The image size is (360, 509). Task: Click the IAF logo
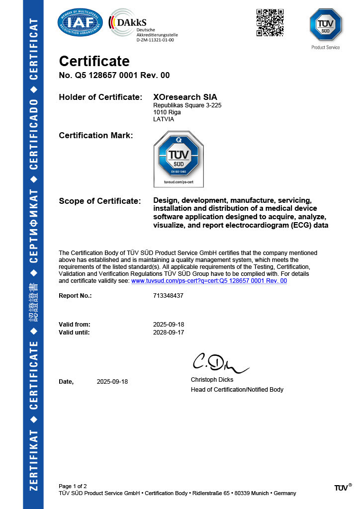(x=80, y=22)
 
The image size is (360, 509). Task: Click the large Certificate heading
(x=94, y=61)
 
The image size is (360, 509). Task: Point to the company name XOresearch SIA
(x=185, y=97)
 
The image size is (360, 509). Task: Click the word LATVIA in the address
(x=164, y=119)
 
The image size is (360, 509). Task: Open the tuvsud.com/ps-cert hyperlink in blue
(x=209, y=281)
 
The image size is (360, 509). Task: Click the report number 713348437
(x=169, y=295)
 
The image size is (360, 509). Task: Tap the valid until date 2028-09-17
(x=169, y=333)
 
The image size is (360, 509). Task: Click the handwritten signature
(x=219, y=364)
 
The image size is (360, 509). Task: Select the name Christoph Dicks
(x=212, y=380)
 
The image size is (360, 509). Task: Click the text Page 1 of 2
(x=73, y=486)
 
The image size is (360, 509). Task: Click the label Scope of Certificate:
(x=100, y=201)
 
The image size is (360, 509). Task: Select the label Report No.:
(x=75, y=295)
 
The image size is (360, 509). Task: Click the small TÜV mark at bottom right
(x=343, y=488)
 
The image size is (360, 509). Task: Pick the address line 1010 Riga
(x=167, y=112)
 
